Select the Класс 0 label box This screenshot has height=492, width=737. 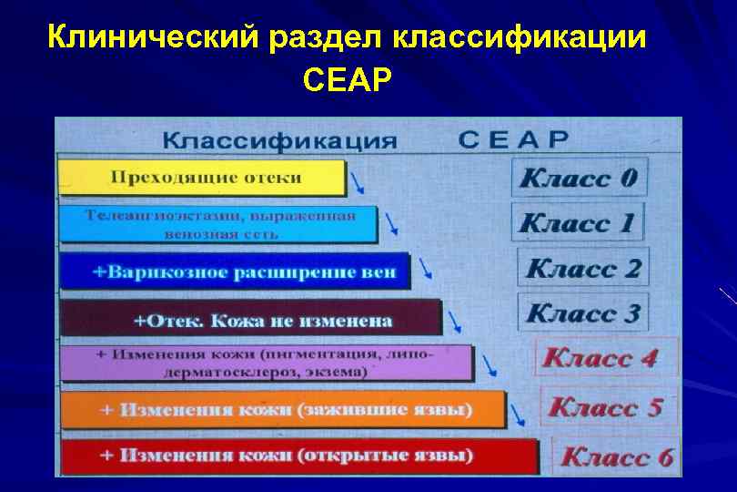[x=579, y=177]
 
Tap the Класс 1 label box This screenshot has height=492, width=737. [x=578, y=222]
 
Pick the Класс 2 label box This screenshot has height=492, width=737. [x=583, y=268]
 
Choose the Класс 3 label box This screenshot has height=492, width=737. [x=583, y=313]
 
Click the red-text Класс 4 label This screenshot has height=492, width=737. [x=600, y=358]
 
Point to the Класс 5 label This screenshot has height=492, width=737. [x=606, y=406]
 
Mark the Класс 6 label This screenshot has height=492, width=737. [x=617, y=456]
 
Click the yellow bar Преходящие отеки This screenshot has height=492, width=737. [x=202, y=178]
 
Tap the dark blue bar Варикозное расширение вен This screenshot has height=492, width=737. [x=234, y=272]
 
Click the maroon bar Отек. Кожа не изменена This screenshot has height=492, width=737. [x=250, y=319]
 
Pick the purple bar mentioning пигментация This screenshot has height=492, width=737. [x=266, y=363]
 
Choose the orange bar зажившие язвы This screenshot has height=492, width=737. [x=282, y=410]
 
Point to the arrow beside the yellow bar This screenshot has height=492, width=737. [x=358, y=184]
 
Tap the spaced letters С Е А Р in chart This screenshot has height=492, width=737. [x=513, y=140]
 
